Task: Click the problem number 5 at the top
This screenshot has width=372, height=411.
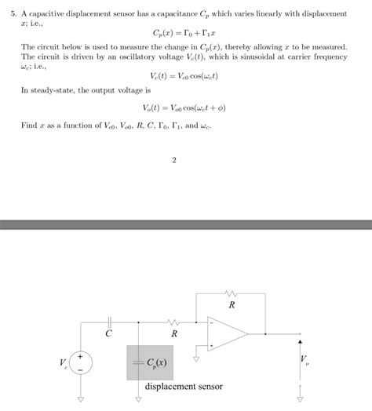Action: coord(13,14)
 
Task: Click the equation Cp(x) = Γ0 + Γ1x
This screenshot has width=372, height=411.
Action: coord(185,34)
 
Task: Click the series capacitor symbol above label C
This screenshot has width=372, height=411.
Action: coord(109,321)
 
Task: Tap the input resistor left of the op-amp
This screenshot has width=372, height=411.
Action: coord(173,321)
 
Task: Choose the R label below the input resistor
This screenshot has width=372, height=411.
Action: coord(174,334)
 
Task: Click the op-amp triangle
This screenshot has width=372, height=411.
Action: coord(228,333)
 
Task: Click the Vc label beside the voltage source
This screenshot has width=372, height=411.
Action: coord(64,363)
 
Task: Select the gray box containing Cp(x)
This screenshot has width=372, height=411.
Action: coord(151,362)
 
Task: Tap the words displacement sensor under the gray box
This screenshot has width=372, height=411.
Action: coord(184,387)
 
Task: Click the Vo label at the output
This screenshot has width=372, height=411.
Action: coord(305,362)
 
